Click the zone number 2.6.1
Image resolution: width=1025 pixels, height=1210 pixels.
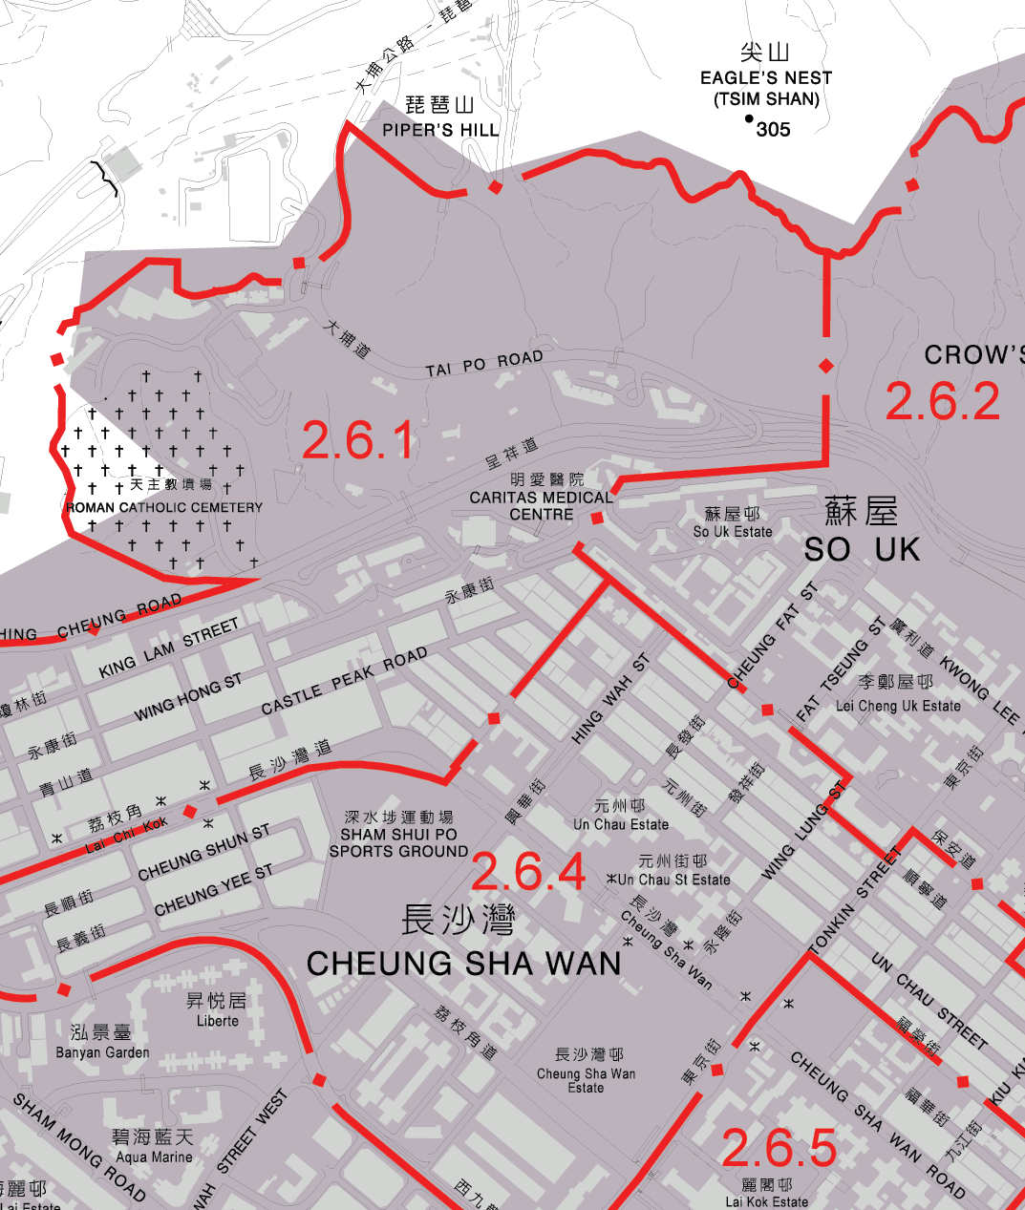[358, 440]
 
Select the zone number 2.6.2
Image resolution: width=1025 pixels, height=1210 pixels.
[942, 401]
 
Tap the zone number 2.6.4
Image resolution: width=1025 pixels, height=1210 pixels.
[527, 872]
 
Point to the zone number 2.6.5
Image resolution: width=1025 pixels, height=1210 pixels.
[779, 1148]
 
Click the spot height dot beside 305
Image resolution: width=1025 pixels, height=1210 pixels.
[749, 119]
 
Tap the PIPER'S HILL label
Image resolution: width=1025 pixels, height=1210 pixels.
[440, 130]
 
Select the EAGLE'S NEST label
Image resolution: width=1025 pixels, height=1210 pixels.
[766, 78]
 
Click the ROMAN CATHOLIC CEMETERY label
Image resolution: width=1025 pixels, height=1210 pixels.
[163, 508]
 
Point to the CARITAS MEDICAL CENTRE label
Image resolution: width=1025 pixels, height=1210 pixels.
[541, 505]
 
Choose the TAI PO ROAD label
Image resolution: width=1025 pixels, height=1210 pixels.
[484, 364]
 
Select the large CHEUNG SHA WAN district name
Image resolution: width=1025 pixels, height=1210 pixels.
[464, 964]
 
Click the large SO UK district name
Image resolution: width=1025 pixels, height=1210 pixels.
[862, 549]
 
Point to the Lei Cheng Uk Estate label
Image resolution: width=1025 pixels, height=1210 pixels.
[898, 706]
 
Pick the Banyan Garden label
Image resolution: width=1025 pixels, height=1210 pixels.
[102, 1052]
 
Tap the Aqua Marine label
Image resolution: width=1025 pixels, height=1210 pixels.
[154, 1157]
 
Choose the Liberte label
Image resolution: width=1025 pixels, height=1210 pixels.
[217, 1021]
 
